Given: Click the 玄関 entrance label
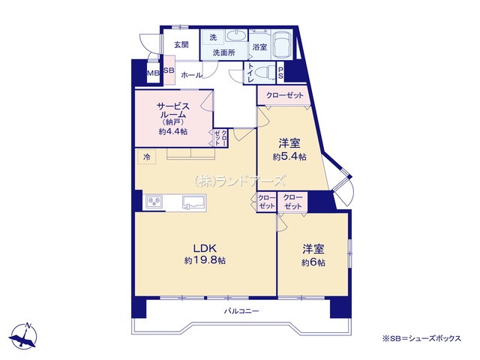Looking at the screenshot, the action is (x=181, y=45).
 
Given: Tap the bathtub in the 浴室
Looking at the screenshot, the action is (x=283, y=45).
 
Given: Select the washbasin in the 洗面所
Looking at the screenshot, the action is (x=236, y=36).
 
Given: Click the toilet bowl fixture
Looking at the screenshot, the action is (x=265, y=73).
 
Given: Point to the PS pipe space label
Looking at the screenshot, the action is (x=280, y=73).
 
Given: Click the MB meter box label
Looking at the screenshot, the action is (x=153, y=73).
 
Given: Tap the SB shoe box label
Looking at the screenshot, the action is (x=169, y=70).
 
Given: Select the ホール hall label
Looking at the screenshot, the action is (x=191, y=75).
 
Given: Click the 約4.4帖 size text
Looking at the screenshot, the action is (x=173, y=132).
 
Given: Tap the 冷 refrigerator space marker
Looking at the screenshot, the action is (x=147, y=157).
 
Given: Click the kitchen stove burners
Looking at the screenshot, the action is (x=154, y=202).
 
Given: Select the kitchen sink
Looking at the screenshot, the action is (x=194, y=202).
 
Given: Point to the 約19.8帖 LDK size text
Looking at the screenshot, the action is (x=205, y=260).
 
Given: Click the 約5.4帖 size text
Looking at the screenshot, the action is (x=289, y=157).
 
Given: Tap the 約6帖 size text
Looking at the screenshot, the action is (x=313, y=262).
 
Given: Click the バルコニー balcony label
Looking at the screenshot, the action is (x=241, y=311).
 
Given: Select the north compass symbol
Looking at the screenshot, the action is (x=24, y=336).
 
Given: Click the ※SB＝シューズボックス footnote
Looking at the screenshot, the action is (x=421, y=338).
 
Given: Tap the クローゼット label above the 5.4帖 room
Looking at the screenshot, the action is (x=285, y=95).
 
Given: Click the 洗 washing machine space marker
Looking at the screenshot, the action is (x=213, y=37).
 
